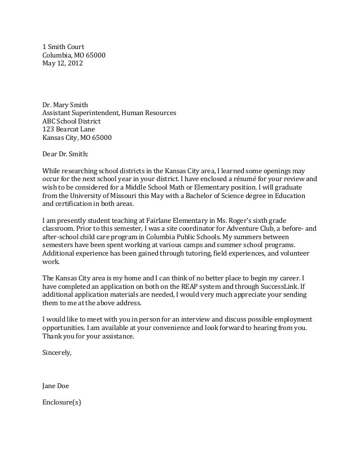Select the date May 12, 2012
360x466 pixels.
pyautogui.click(x=63, y=64)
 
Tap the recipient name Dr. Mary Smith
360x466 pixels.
pyautogui.click(x=65, y=104)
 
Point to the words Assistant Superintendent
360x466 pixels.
pyautogui.click(x=82, y=113)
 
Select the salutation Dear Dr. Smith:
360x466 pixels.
pyautogui.click(x=66, y=153)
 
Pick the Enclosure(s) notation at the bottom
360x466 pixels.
pyautogui.click(x=62, y=403)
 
